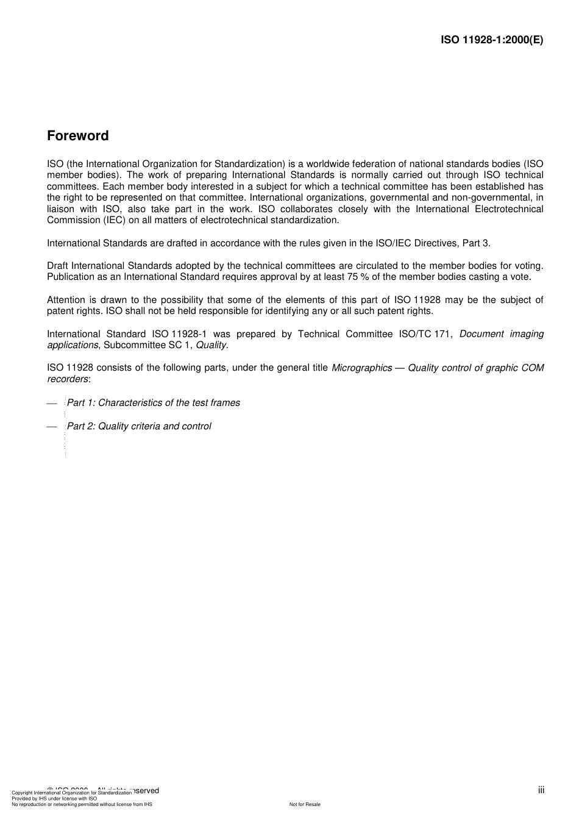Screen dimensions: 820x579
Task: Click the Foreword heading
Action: (x=77, y=136)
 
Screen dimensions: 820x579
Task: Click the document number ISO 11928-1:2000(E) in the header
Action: (x=492, y=40)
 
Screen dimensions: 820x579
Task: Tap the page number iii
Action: (x=541, y=790)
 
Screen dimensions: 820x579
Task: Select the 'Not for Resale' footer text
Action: (x=305, y=804)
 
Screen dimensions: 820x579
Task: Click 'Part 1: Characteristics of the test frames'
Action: (x=153, y=403)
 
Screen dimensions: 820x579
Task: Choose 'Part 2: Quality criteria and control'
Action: (x=139, y=426)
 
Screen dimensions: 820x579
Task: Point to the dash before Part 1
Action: (x=52, y=404)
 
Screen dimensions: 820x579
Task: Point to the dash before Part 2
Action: (x=52, y=427)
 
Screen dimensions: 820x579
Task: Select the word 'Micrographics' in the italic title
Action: (x=361, y=368)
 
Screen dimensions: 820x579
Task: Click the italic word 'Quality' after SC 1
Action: (x=211, y=345)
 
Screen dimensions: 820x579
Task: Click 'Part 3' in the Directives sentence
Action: (x=475, y=243)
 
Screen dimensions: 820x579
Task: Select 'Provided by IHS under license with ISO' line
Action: (x=54, y=798)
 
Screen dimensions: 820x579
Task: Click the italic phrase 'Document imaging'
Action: (x=501, y=334)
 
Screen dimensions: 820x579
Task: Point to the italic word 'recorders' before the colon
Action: (x=67, y=379)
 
